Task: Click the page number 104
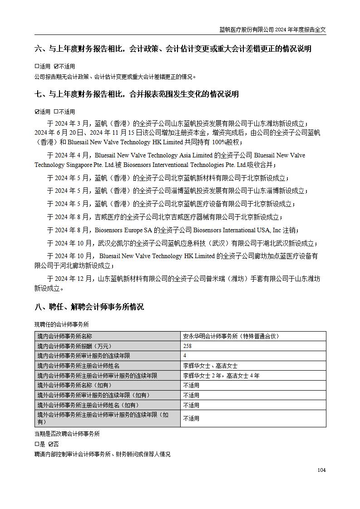coord(321,470)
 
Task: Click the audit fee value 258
coord(187,346)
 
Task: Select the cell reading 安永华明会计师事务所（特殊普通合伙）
coord(231,336)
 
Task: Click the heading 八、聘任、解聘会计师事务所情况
coord(89,307)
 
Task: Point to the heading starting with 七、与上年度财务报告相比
coord(137,94)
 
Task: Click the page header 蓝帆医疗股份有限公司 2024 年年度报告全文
coord(272,30)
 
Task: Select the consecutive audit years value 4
coord(185,356)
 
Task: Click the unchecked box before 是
coord(37,444)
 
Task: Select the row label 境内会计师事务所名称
coord(64,336)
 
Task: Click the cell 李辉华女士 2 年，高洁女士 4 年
coord(221,376)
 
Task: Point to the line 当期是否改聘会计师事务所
coord(67,434)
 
